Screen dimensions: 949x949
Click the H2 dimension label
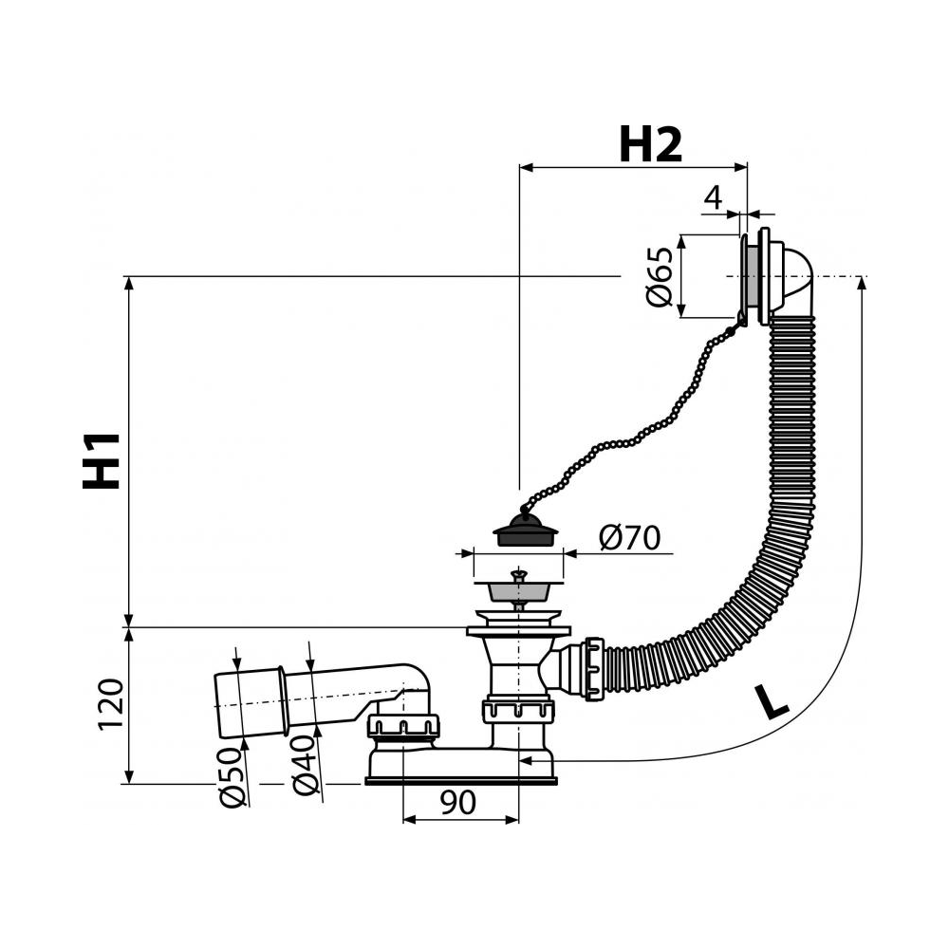tap(651, 144)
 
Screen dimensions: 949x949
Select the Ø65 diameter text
tap(660, 276)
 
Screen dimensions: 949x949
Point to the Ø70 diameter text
tap(629, 537)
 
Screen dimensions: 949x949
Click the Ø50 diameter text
tap(233, 778)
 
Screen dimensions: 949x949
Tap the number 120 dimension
tap(111, 704)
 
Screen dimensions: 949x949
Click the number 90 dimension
tap(458, 803)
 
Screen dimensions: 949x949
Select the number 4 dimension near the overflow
tap(715, 197)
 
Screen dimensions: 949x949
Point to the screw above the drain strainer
tap(519, 575)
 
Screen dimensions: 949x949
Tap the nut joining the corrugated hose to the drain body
tap(594, 668)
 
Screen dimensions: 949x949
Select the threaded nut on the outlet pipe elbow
tap(402, 726)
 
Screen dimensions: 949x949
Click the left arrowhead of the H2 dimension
tap(526, 167)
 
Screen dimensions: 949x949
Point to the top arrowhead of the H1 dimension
tap(128, 283)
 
